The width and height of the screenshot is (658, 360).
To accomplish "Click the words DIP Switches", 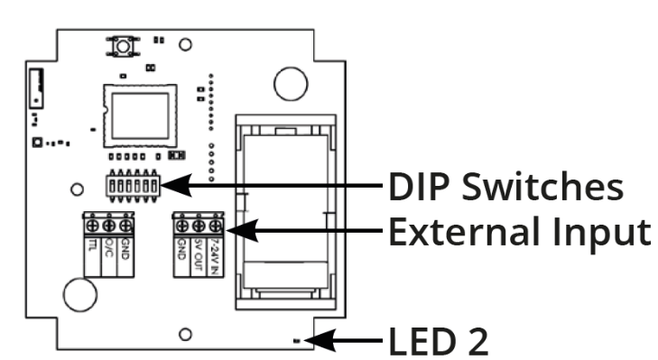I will (505, 187).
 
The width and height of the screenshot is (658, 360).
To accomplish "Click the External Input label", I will (519, 232).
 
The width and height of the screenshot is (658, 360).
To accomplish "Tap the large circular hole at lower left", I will (79, 294).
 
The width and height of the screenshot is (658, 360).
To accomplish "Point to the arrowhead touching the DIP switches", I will (177, 186).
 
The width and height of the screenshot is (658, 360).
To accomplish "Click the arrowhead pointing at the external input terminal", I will (236, 232).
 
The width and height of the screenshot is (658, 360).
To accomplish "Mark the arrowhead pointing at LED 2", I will (319, 342).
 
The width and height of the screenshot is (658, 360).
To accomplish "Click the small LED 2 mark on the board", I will (299, 341).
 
